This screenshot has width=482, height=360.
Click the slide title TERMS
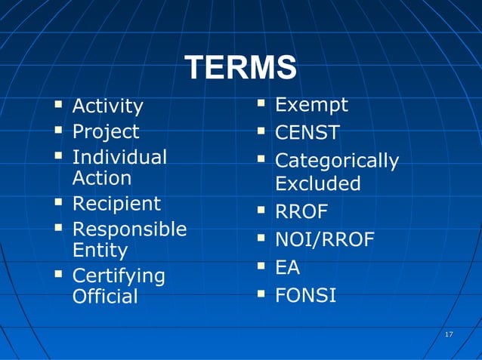[240, 68]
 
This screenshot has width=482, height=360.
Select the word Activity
[107, 106]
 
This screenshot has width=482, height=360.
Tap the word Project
[105, 132]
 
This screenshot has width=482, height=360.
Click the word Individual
[119, 158]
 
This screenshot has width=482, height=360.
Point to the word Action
[101, 178]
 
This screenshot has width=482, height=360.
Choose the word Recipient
[116, 205]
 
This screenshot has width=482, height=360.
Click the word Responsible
[129, 229]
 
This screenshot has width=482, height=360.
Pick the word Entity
[100, 250]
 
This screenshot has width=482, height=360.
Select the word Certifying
[118, 276]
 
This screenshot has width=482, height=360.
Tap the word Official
[105, 297]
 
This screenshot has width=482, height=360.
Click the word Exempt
[311, 104]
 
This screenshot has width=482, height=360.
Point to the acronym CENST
[307, 134]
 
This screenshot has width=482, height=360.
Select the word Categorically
[336, 162]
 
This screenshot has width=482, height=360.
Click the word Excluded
[317, 184]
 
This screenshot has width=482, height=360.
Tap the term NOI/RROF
[324, 240]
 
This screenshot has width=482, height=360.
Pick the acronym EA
[287, 268]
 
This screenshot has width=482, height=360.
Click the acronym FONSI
[305, 295]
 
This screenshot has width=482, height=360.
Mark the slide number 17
[449, 334]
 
